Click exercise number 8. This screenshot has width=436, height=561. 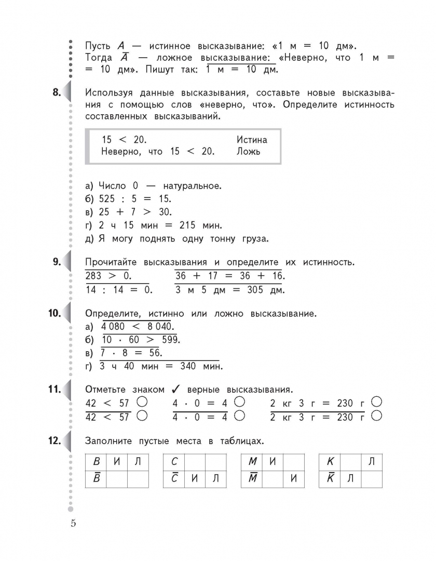click(x=56, y=93)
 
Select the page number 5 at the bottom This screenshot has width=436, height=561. click(x=73, y=523)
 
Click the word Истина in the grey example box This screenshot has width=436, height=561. click(x=252, y=140)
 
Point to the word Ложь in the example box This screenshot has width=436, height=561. click(x=249, y=152)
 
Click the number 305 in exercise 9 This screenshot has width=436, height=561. click(x=255, y=290)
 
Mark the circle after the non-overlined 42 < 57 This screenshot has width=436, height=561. click(x=142, y=402)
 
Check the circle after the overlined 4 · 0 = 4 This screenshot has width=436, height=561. click(x=239, y=416)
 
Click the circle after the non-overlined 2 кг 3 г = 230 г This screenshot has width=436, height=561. click(x=377, y=402)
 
